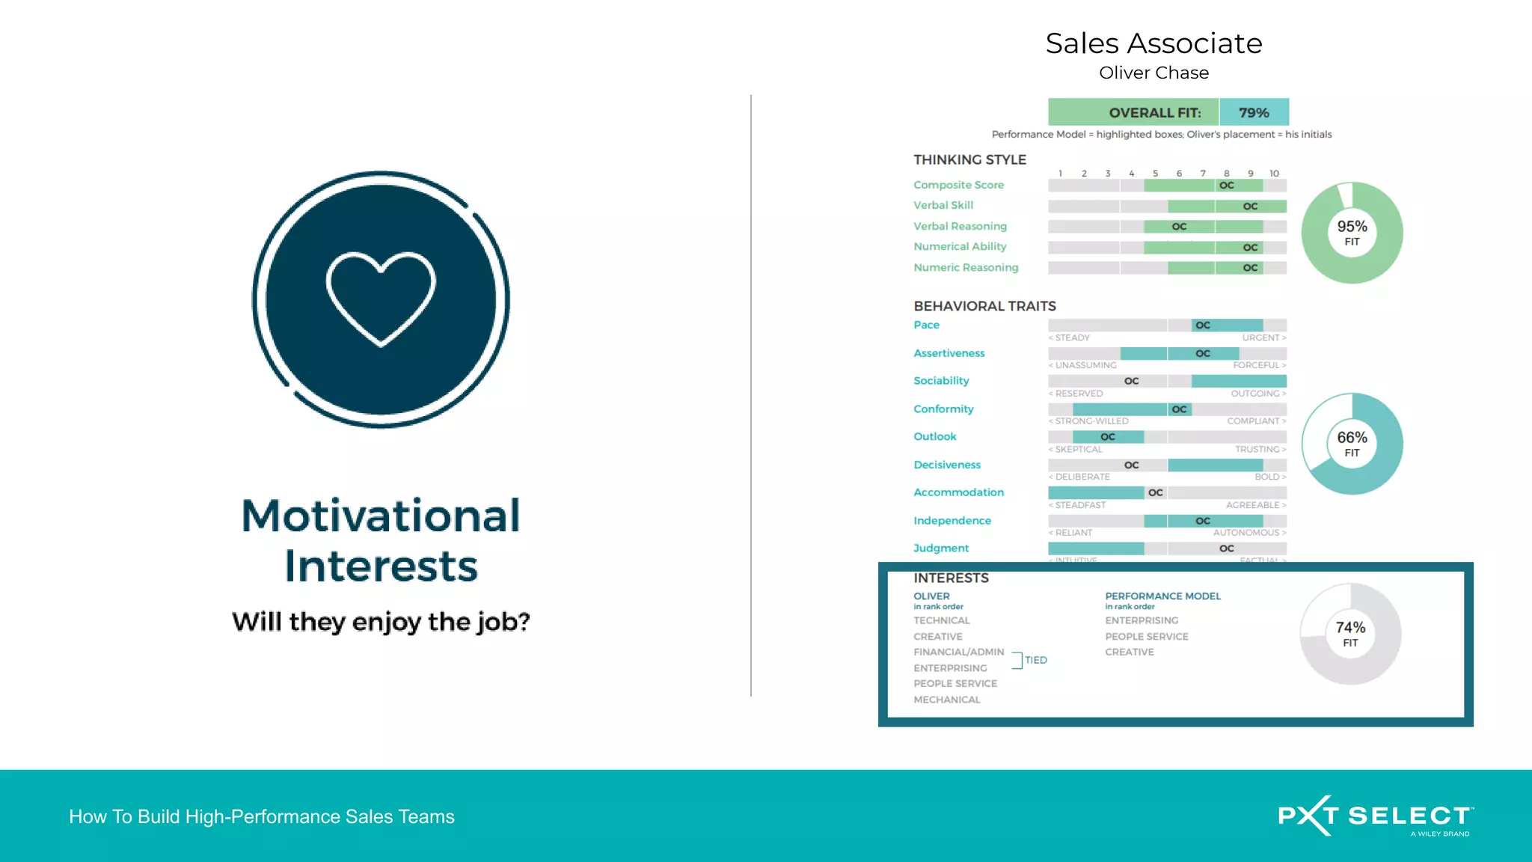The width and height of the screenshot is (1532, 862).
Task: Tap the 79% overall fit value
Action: click(x=1254, y=112)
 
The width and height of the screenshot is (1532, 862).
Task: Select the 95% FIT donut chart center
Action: click(x=1352, y=233)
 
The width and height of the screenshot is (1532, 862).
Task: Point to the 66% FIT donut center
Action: click(x=1352, y=444)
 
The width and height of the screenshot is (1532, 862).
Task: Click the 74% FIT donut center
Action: click(x=1350, y=634)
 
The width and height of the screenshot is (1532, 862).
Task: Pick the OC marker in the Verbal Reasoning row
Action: click(x=1179, y=227)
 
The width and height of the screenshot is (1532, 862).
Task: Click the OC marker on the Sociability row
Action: click(x=1132, y=381)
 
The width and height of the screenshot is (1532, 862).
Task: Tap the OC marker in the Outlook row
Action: click(x=1108, y=437)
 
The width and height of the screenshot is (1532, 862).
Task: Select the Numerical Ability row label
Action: click(x=960, y=246)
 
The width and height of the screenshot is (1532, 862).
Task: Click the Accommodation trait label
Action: click(x=958, y=492)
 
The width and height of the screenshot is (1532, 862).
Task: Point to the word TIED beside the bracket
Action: click(x=1036, y=660)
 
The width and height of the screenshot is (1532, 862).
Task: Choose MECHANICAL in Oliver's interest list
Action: click(x=946, y=700)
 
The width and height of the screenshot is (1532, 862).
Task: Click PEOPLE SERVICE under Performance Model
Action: click(x=1147, y=637)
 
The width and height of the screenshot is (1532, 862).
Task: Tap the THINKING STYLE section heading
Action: click(x=969, y=159)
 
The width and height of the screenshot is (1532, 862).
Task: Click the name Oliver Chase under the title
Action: click(x=1153, y=73)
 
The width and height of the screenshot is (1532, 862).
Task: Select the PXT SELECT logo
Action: click(x=1376, y=816)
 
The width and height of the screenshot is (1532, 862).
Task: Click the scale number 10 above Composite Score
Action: click(x=1274, y=174)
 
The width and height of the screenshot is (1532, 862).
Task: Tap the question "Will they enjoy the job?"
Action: click(x=381, y=622)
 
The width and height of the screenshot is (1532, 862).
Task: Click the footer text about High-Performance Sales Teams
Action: click(x=262, y=816)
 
